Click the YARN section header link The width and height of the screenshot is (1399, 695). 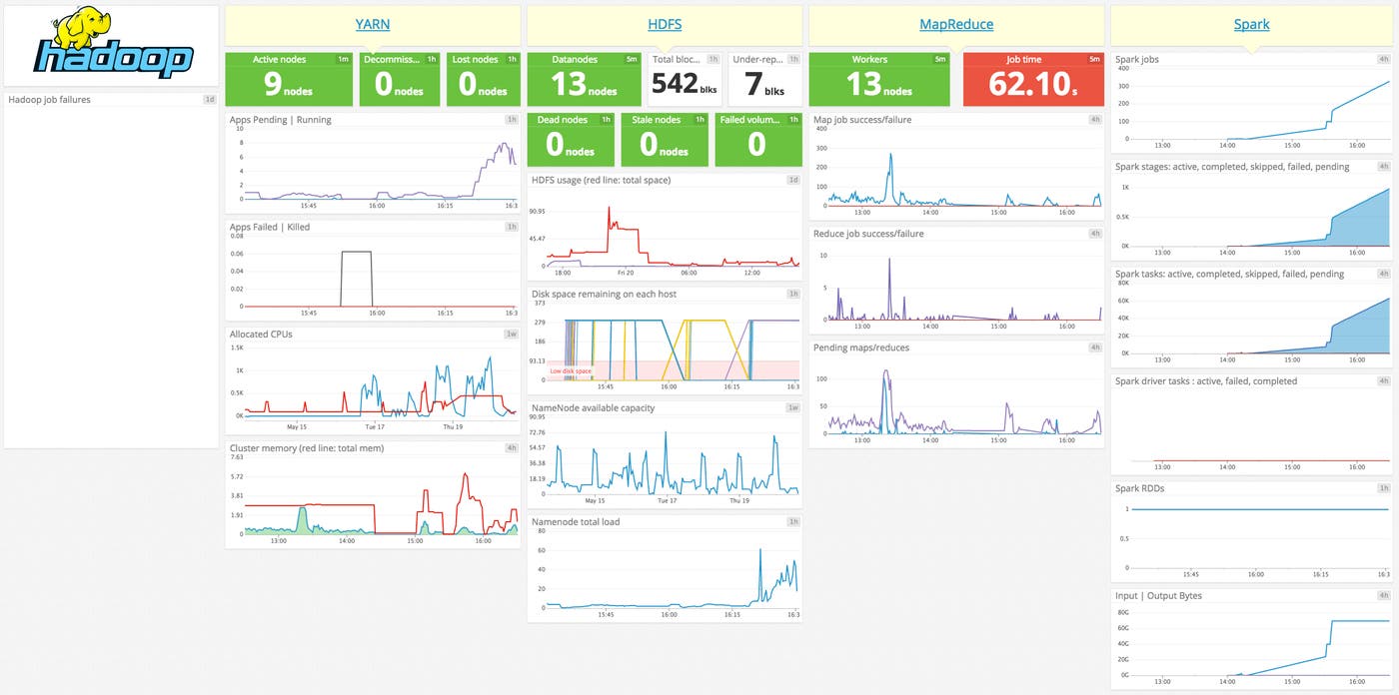[373, 25]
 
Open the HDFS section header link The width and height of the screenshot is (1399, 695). [665, 25]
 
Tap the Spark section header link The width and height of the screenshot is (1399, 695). [1251, 25]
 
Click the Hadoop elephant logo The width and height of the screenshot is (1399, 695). [111, 45]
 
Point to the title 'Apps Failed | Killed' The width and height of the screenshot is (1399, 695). [270, 227]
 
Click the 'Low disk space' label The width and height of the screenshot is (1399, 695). [571, 371]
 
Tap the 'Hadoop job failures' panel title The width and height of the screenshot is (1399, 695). [49, 100]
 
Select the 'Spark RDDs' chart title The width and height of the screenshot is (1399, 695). [1139, 488]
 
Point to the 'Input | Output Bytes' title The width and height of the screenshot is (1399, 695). [1158, 596]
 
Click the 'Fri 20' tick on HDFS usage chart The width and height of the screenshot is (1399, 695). [626, 273]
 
